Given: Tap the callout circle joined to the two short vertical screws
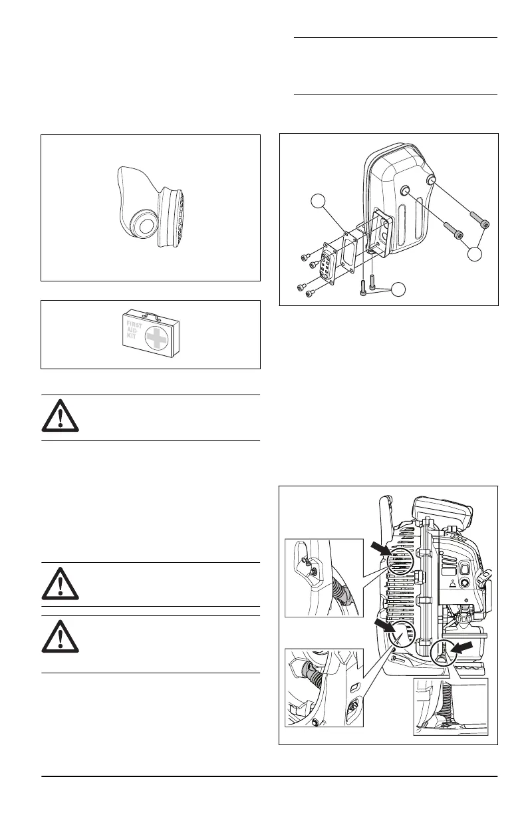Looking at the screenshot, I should (x=398, y=289).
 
